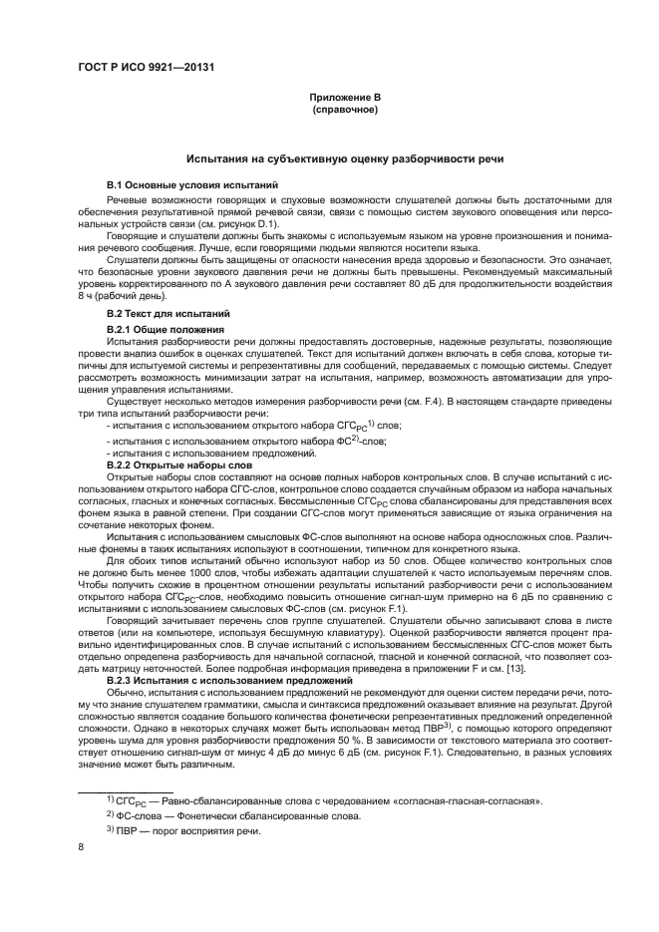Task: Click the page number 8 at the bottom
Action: click(x=80, y=846)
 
